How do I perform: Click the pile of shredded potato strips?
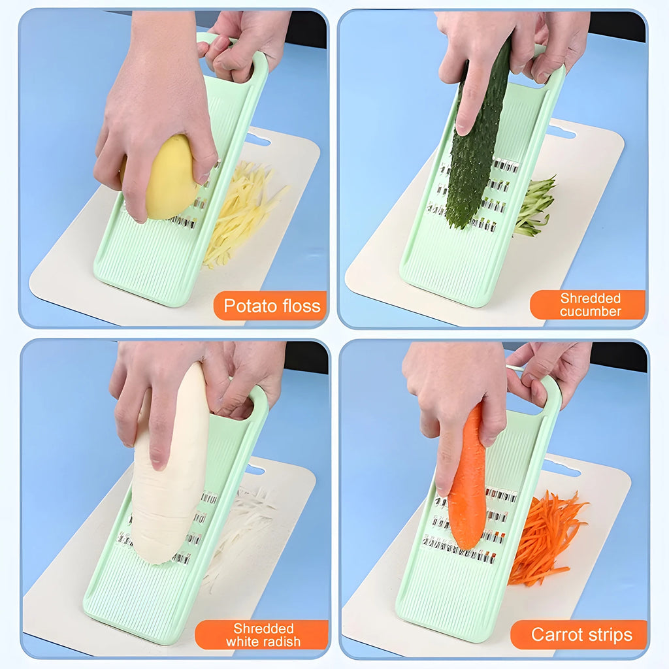(x=238, y=209)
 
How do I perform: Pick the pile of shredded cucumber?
(x=536, y=206)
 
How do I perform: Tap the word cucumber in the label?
(x=590, y=312)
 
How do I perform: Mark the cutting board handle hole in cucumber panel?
(x=562, y=133)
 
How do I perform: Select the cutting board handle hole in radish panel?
(x=254, y=470)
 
